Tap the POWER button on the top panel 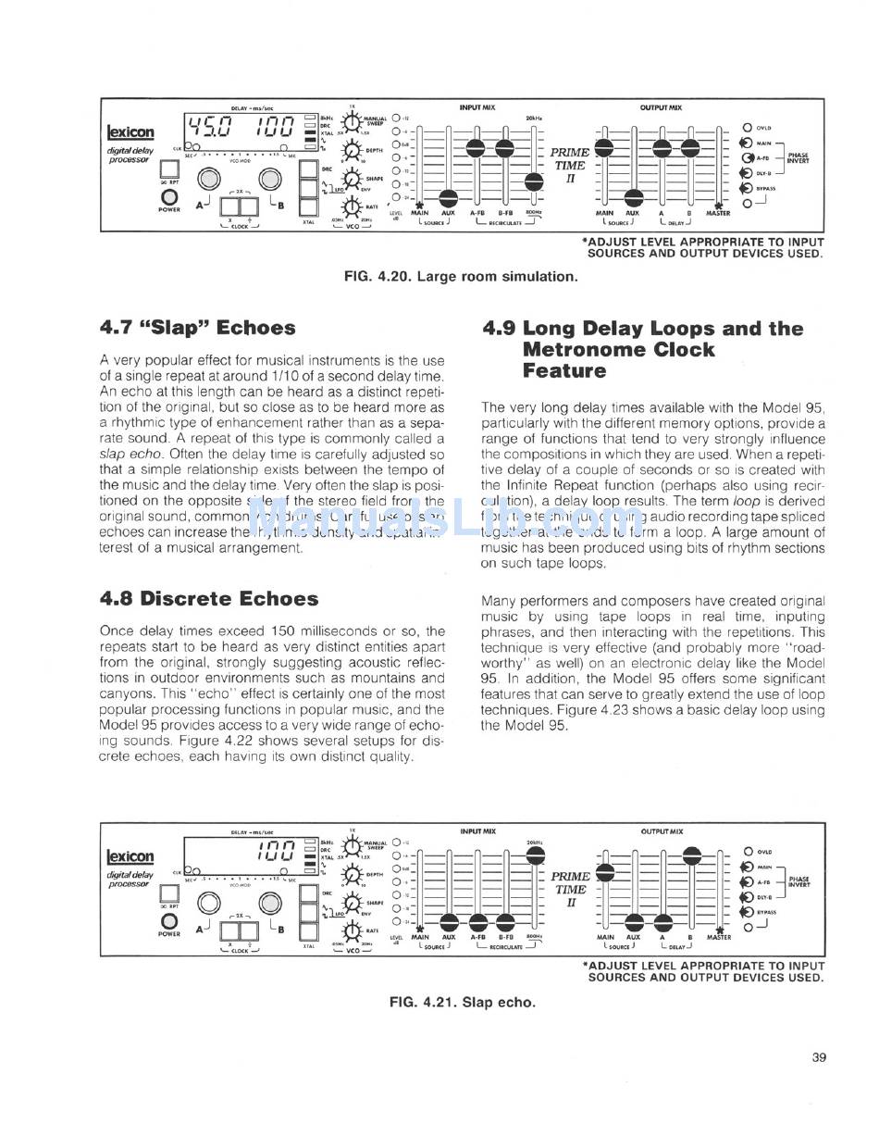(169, 197)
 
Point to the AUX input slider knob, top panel (449, 197)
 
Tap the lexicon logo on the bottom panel (130, 856)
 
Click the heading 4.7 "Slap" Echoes (197, 328)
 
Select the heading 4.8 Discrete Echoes (208, 598)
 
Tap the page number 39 (818, 1057)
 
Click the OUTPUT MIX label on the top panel (661, 107)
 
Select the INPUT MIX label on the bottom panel (477, 831)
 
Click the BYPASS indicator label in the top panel (765, 188)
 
